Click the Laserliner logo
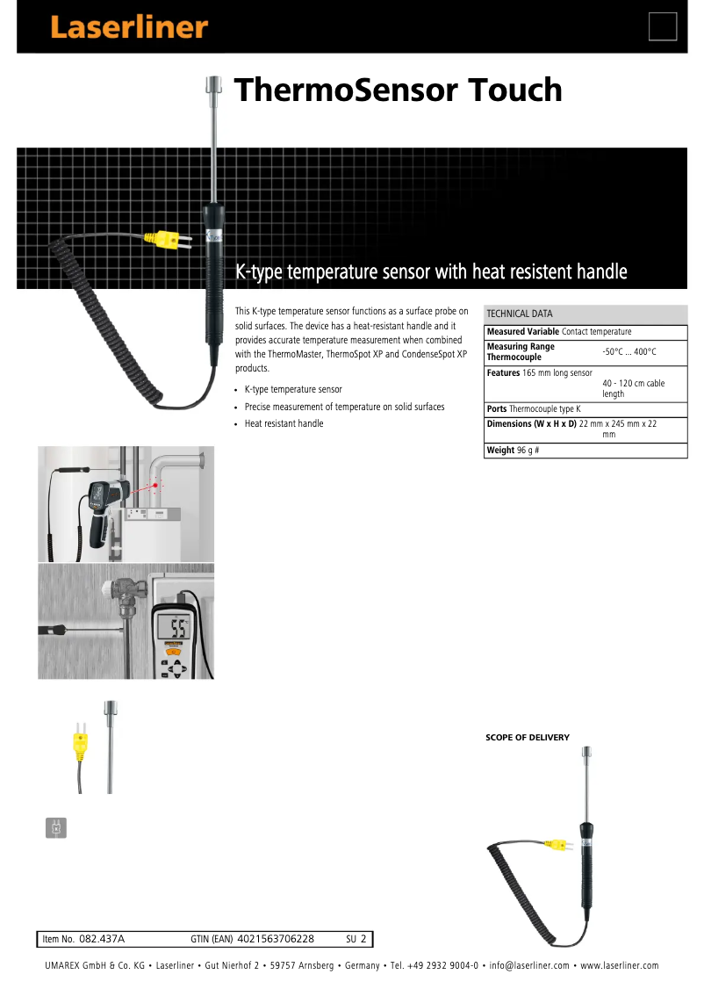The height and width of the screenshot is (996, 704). (x=128, y=26)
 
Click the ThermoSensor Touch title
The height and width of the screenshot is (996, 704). (x=398, y=90)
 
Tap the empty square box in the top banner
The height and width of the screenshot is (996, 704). (x=663, y=26)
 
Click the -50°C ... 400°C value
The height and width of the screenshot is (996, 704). (x=629, y=351)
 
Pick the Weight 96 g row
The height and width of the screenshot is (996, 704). (x=514, y=451)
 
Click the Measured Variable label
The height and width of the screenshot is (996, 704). (x=522, y=332)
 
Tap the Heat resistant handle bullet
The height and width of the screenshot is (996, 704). (x=284, y=424)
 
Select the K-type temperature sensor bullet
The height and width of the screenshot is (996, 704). (x=293, y=389)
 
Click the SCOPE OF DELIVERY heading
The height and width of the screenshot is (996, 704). (x=528, y=738)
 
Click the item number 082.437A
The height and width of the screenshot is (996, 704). (x=102, y=939)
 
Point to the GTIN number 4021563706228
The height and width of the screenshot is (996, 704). (x=276, y=939)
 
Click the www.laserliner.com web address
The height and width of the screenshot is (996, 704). (x=620, y=966)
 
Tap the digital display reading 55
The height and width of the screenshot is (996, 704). (x=179, y=628)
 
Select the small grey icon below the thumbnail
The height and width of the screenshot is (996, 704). (x=55, y=827)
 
